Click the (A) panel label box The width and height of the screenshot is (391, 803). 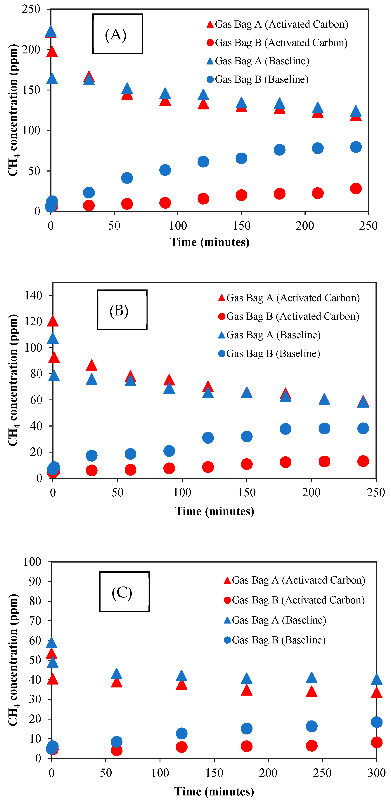117,34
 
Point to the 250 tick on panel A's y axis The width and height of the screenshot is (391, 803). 31,9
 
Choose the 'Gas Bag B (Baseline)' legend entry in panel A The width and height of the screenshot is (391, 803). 258,79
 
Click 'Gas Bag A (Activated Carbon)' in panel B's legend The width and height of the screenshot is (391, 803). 289,298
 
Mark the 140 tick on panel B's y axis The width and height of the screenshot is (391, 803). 33,296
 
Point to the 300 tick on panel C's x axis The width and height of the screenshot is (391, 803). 376,773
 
